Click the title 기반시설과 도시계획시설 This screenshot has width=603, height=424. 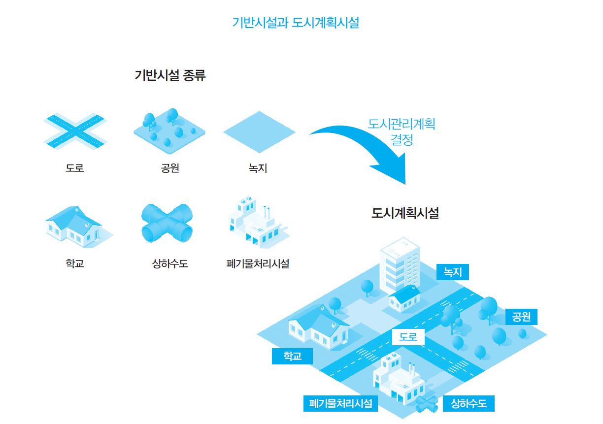tap(295, 23)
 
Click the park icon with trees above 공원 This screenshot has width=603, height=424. tap(169, 130)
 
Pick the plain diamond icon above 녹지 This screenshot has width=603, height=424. tap(259, 132)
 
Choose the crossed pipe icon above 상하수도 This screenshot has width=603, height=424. tap(167, 223)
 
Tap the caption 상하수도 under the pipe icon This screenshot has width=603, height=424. tap(170, 263)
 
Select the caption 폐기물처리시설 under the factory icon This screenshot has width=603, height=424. tap(257, 263)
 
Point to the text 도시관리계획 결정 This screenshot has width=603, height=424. tap(402, 131)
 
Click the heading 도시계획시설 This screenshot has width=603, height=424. tap(405, 213)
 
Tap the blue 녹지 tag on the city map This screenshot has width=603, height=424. tap(453, 271)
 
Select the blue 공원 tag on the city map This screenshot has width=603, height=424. tap(521, 317)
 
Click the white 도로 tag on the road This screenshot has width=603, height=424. tap(408, 337)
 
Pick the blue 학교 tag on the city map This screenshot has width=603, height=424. tap(292, 356)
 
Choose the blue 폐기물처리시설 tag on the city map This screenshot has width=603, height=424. tap(340, 404)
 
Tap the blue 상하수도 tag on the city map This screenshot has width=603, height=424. tap(469, 404)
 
